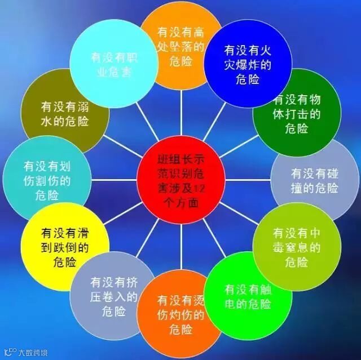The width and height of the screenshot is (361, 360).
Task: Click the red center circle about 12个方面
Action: click(180, 179)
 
